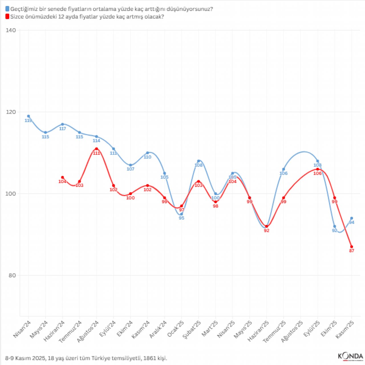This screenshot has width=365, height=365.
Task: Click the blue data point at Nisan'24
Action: [x=29, y=116]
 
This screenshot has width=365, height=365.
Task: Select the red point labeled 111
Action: [x=96, y=149]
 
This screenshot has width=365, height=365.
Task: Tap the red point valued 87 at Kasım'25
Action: [x=352, y=247]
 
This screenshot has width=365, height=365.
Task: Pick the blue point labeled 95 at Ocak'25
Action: [x=182, y=214]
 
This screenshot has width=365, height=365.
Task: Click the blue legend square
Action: [x=7, y=9]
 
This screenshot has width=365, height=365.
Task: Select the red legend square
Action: [x=7, y=17]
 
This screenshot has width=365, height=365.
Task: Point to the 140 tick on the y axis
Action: [x=11, y=30]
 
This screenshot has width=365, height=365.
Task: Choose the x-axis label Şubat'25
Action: [x=192, y=329]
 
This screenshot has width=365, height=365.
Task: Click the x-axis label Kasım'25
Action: [x=345, y=329]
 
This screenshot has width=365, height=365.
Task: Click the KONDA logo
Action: [x=350, y=356]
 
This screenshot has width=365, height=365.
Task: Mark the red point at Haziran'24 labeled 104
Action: [x=62, y=177]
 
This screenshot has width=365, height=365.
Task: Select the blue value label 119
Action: [x=28, y=121]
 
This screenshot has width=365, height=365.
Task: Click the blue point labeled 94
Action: [x=352, y=218]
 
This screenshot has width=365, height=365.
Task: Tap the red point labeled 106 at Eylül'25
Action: [x=318, y=169]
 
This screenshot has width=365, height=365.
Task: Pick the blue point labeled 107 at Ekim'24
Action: [x=131, y=165]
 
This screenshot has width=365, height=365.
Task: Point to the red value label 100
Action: [x=130, y=198]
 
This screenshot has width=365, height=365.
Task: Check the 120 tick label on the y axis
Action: [x=11, y=112]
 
